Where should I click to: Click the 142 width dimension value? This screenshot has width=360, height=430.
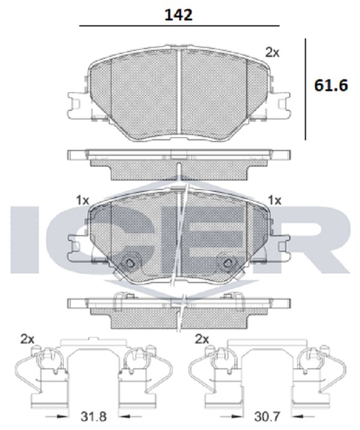(x=178, y=15)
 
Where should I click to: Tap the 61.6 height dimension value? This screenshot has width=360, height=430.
(x=331, y=85)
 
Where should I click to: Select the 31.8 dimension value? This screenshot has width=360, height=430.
(x=94, y=417)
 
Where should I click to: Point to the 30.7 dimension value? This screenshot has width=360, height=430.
(x=267, y=417)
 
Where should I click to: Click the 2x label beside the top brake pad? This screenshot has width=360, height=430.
(x=272, y=52)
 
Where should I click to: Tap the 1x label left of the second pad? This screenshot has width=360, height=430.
(x=83, y=201)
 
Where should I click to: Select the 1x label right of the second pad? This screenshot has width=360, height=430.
(x=275, y=201)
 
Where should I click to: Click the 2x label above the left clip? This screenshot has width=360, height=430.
(x=28, y=339)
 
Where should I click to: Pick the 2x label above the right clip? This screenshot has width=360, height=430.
(x=202, y=339)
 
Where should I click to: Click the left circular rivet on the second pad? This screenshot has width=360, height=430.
(x=129, y=263)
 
